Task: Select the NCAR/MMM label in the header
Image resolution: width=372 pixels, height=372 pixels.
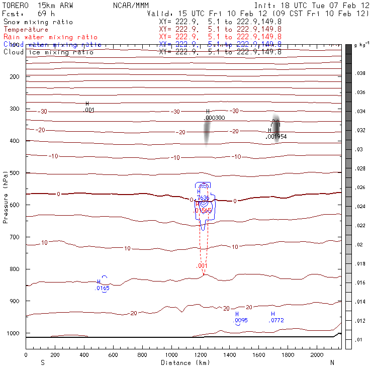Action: [130, 5]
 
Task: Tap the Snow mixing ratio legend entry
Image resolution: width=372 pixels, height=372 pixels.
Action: [38, 22]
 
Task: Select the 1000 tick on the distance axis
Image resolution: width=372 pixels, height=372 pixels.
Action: [171, 354]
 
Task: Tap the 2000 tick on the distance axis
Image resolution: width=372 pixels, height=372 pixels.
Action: [317, 354]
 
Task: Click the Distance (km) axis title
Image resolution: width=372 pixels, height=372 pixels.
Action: [185, 362]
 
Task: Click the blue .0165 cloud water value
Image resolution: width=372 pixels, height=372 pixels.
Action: [102, 288]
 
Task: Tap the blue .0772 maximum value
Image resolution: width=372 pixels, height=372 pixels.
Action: [276, 320]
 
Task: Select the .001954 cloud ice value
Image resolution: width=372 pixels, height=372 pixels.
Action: [276, 136]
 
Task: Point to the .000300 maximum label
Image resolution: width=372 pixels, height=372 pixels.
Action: [214, 118]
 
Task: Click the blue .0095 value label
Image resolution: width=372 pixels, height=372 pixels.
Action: [240, 320]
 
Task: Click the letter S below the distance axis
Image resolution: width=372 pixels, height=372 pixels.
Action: [42, 362]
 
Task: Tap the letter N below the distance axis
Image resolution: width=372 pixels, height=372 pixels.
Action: [331, 362]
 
